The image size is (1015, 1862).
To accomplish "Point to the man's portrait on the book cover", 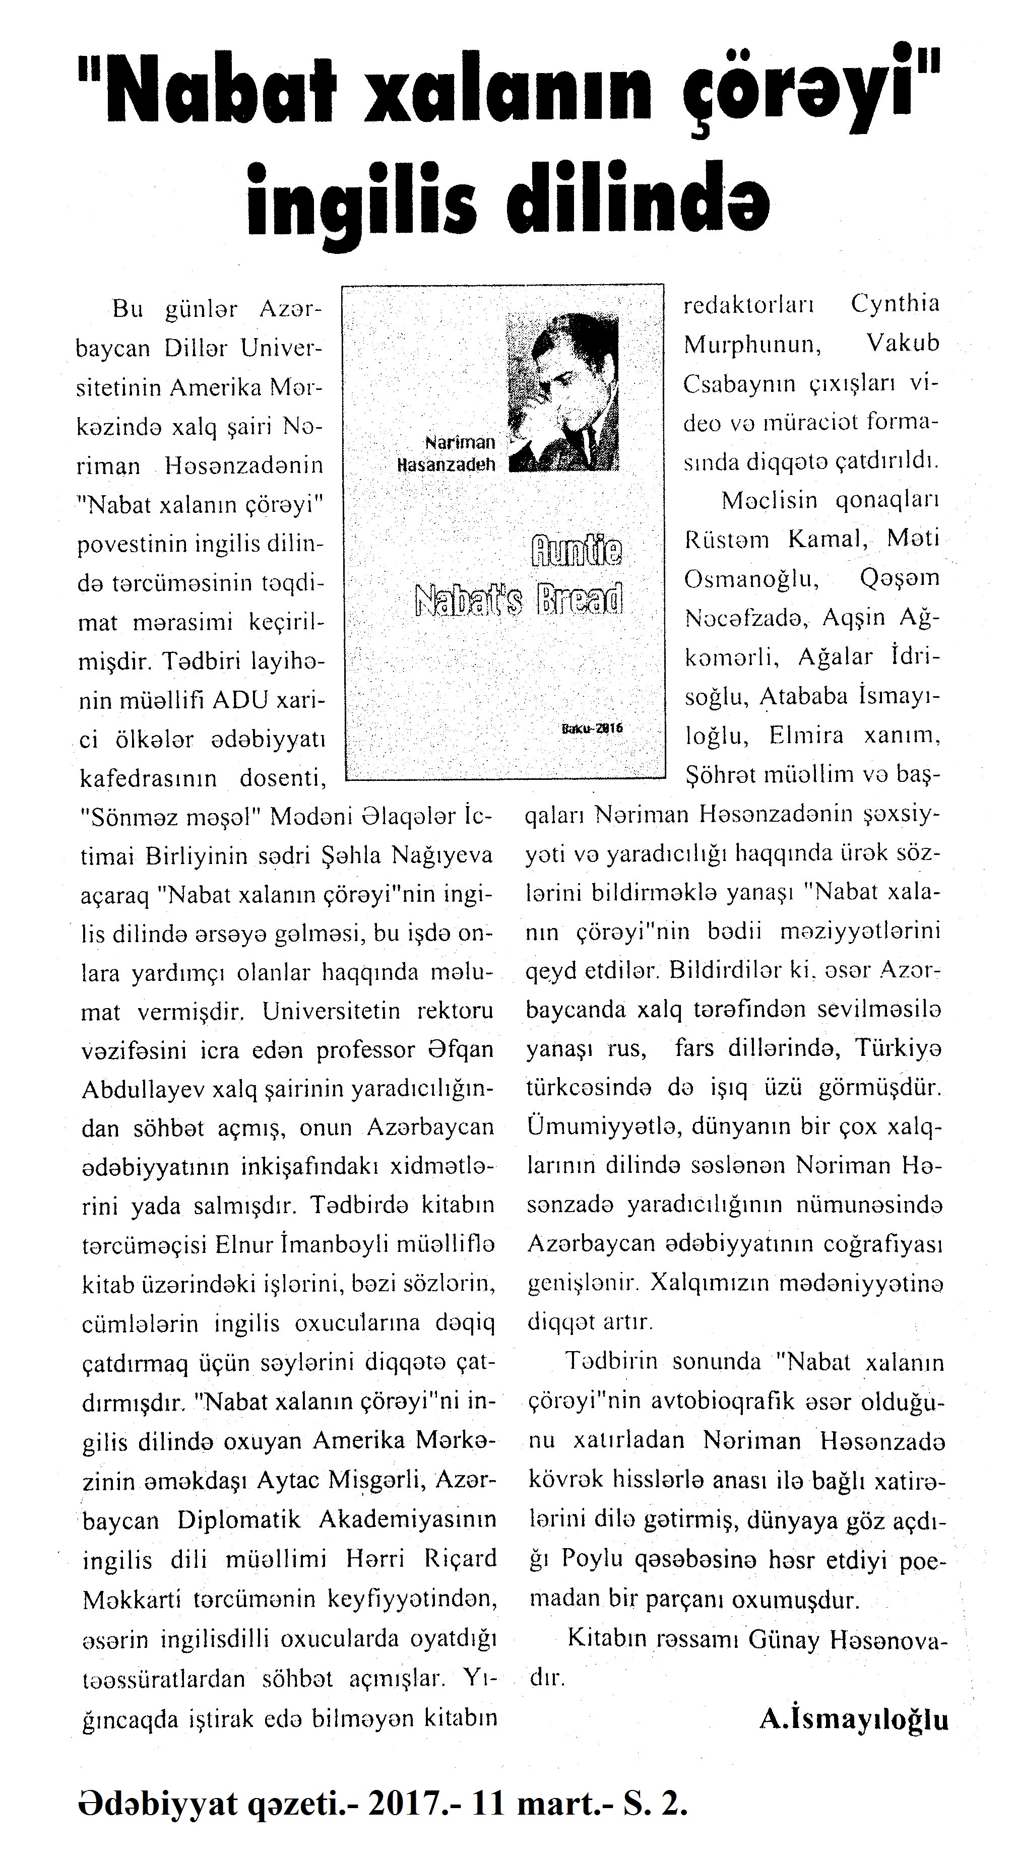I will click(564, 391).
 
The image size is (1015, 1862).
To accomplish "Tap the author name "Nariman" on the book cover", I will click(461, 442).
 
